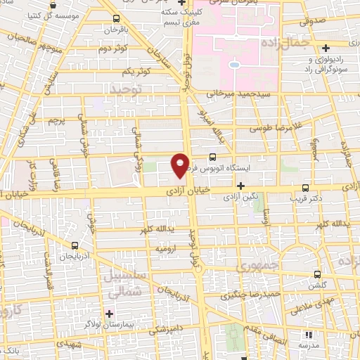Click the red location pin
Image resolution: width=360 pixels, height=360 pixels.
(180, 164)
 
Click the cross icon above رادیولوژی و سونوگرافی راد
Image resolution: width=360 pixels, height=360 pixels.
(326, 48)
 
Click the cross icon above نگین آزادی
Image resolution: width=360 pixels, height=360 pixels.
(241, 186)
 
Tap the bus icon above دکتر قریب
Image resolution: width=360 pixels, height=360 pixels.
(304, 188)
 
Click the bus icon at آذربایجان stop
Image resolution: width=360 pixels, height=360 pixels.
(75, 247)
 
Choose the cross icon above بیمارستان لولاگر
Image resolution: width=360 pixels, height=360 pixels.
(109, 312)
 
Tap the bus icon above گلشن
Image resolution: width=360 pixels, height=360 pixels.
(318, 275)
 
